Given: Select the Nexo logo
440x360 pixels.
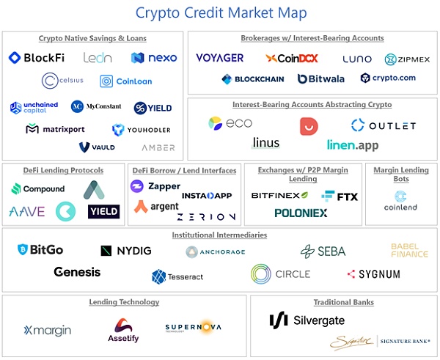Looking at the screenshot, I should click(154, 57).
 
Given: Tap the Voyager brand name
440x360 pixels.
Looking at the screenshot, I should click(220, 58).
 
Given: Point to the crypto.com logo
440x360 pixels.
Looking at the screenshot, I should click(388, 78).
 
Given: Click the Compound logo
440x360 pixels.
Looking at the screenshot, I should click(39, 188).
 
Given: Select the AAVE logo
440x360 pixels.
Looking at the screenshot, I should click(27, 212).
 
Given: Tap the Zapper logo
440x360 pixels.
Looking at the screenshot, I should click(155, 186).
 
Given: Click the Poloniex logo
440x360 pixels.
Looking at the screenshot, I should click(301, 213).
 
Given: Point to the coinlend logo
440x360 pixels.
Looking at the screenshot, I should click(400, 200).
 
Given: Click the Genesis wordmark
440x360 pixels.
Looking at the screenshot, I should click(77, 272).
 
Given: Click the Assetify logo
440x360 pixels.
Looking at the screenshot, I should click(123, 330).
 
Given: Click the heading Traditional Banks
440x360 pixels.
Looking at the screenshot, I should click(343, 302).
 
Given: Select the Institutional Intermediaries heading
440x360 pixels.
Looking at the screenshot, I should click(219, 235).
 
